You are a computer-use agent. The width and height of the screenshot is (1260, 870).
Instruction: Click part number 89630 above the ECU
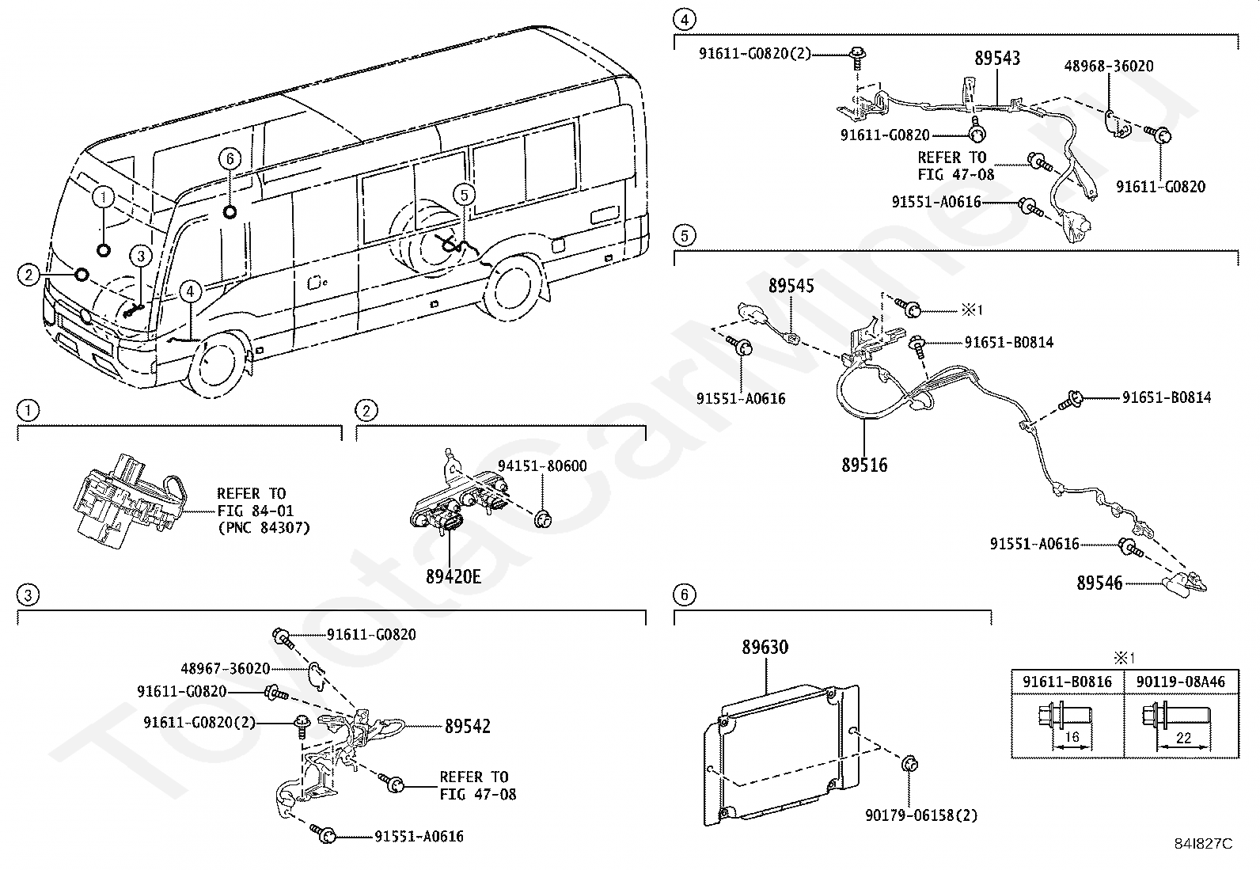tap(765, 647)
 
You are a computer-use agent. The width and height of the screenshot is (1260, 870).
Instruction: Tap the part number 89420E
tap(454, 577)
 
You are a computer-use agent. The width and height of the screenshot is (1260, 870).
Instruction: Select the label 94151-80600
tap(542, 466)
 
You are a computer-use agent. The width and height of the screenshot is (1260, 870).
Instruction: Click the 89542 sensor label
tap(468, 726)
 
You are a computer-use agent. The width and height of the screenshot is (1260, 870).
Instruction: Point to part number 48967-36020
tap(226, 669)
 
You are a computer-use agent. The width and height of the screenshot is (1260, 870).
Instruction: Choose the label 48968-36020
tap(1109, 66)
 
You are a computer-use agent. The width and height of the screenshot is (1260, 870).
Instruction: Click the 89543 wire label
tap(997, 58)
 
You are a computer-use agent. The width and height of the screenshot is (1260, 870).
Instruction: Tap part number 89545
tap(791, 286)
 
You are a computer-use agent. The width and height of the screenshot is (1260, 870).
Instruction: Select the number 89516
tap(864, 465)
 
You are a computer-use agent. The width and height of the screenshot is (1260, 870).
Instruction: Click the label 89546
tap(1099, 583)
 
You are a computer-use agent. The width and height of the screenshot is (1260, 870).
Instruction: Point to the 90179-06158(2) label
tap(921, 815)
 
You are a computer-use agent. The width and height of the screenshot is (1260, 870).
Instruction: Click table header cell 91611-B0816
tap(1067, 682)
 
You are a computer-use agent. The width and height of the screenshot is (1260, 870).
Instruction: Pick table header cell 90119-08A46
tap(1181, 682)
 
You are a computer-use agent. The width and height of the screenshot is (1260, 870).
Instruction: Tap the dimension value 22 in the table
tap(1183, 738)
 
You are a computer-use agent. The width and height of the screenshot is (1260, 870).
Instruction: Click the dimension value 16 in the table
tap(1072, 737)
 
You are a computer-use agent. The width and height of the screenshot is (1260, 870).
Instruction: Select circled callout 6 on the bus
tap(230, 159)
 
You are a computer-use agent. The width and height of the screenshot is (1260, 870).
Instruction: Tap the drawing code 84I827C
tap(1203, 844)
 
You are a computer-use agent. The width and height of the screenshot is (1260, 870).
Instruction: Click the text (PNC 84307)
tap(264, 528)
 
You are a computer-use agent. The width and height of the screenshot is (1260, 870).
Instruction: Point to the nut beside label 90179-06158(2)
tap(910, 765)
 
